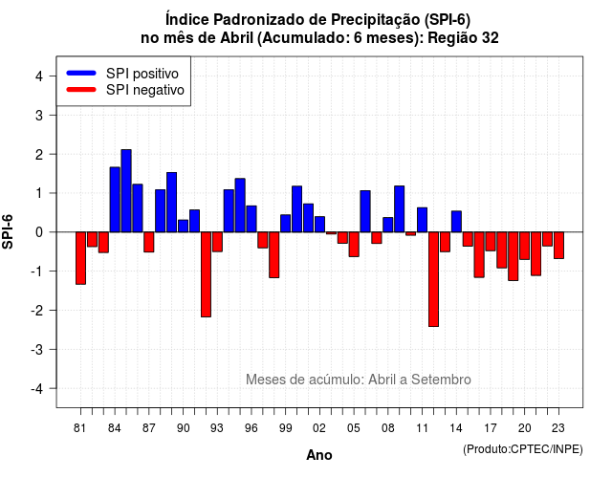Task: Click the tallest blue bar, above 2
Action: (126, 191)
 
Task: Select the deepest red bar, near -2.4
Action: (433, 279)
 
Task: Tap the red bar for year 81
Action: (80, 258)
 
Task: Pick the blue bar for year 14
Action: (456, 222)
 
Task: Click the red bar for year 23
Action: (558, 245)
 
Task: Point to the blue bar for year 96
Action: (251, 219)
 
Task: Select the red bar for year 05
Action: (354, 245)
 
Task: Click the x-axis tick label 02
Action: (319, 428)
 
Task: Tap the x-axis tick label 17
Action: (491, 428)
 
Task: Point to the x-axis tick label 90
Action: (183, 428)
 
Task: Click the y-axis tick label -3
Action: (38, 349)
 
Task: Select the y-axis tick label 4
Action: (39, 76)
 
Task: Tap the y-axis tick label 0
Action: (39, 232)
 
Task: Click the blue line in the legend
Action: (81, 73)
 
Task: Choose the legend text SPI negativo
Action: (145, 90)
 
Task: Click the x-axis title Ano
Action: (319, 455)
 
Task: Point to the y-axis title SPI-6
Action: (8, 231)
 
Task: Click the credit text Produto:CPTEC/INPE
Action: (523, 449)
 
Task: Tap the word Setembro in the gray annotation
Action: (441, 380)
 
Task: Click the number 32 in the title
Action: (491, 38)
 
